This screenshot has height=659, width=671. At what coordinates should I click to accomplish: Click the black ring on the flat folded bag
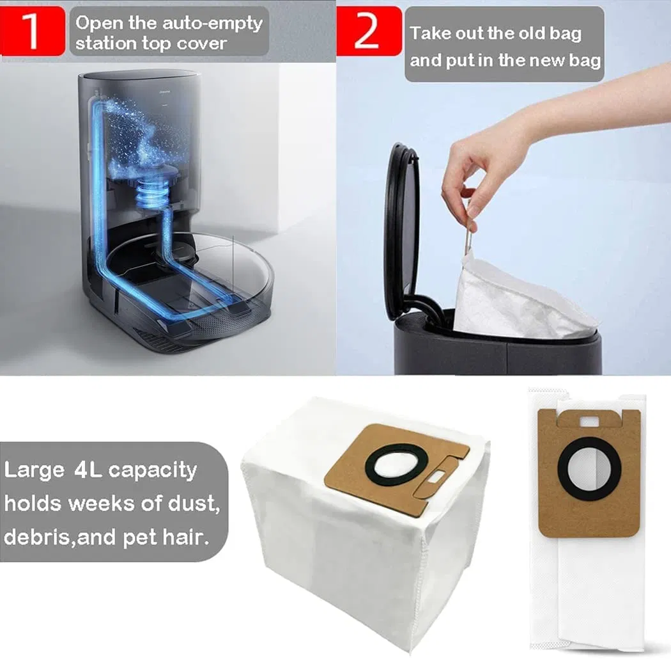tap(589, 469)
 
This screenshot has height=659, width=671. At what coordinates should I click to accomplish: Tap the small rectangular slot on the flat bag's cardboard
tap(589, 420)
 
